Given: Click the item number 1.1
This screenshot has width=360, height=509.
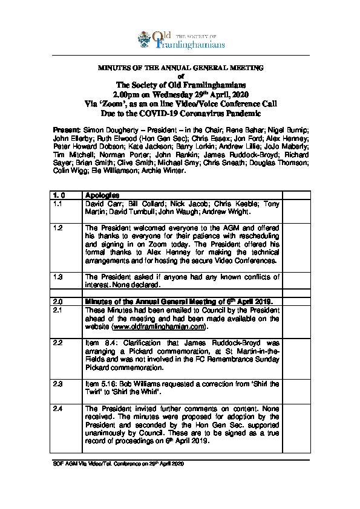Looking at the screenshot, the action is [x=57, y=205].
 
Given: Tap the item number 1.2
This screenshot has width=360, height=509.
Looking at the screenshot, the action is [x=57, y=228].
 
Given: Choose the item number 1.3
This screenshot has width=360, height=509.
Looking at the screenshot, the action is [x=57, y=276].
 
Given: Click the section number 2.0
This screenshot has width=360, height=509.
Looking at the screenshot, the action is [x=58, y=300].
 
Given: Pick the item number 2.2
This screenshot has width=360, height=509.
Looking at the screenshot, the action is [x=58, y=342].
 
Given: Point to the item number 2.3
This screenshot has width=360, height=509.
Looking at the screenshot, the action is [x=58, y=383].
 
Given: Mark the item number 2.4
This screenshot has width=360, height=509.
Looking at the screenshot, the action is [x=58, y=409].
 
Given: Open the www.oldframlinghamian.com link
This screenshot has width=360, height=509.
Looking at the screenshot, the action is [x=159, y=326].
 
